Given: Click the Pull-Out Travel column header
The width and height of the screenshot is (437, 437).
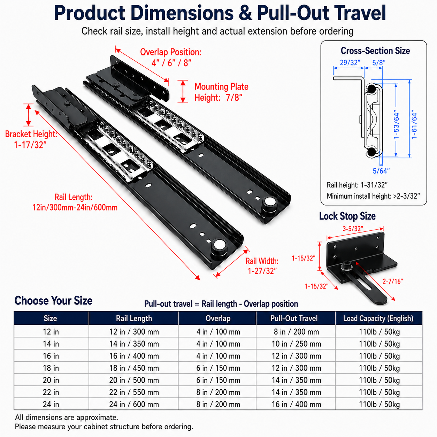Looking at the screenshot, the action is tap(294, 318).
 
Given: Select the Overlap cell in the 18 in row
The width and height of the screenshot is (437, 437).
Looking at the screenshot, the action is tap(218, 368).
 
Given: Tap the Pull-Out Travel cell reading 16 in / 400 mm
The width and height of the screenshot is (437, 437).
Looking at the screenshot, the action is tap(297, 404).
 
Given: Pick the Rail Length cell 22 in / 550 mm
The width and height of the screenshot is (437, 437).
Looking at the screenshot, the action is tap(134, 392).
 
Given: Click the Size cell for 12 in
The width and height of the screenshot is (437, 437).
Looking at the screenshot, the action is tap(51, 332).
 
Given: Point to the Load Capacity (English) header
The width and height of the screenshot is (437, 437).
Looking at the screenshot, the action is tap(378, 318).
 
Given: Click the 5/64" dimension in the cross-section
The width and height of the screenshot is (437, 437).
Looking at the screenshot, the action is tap(381, 170).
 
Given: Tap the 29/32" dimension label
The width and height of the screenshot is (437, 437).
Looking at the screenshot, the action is tap(350, 62).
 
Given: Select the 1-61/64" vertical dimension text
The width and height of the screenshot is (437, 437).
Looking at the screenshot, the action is tap(414, 125).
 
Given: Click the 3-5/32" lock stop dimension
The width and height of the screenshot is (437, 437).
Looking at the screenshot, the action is tap(353, 229).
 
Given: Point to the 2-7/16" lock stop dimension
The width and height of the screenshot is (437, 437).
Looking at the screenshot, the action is tap(393, 282).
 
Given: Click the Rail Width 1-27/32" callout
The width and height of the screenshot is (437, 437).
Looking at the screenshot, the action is tap(262, 266).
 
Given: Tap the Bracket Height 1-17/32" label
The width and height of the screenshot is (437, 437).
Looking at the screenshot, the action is tap(31, 139).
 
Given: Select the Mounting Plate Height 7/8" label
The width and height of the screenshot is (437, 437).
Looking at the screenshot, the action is tap(221, 92).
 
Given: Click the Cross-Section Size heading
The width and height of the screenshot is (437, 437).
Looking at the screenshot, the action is tap(375, 51).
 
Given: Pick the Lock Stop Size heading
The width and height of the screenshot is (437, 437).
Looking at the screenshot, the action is tap(347, 216).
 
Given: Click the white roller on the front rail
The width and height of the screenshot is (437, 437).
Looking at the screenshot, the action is tap(219, 245).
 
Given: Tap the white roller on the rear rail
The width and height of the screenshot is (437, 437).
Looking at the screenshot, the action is tap(270, 201).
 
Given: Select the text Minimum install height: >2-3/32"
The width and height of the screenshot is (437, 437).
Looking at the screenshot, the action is tap(373, 196).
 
